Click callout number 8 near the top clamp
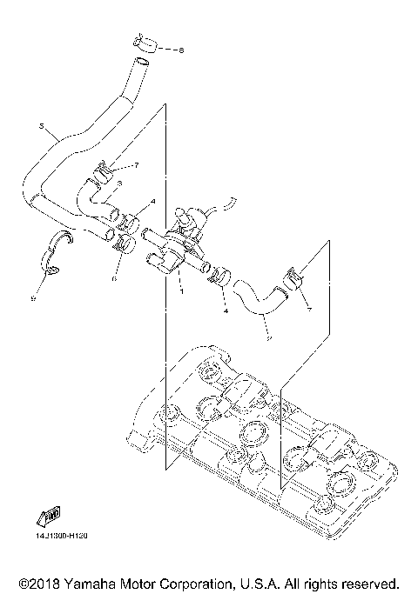(x=181, y=50)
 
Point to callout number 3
(x=118, y=184)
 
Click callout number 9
(x=32, y=298)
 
